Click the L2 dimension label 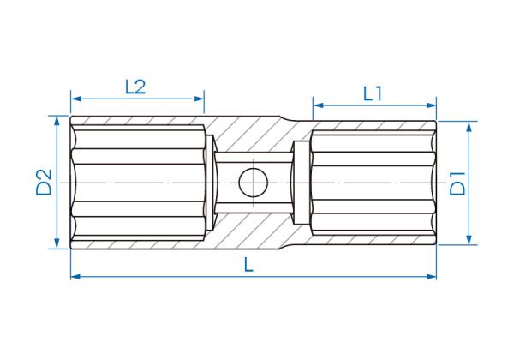pyautogui.click(x=135, y=87)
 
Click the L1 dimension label pyautogui.click(x=373, y=94)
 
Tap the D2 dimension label pyautogui.click(x=44, y=182)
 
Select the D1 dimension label pyautogui.click(x=457, y=183)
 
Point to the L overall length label pyautogui.click(x=249, y=265)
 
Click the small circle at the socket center pyautogui.click(x=253, y=183)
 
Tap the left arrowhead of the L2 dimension pyautogui.click(x=76, y=99)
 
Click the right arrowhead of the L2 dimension pyautogui.click(x=199, y=99)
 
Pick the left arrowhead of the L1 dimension pyautogui.click(x=319, y=105)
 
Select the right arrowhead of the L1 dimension pyautogui.click(x=431, y=105)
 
